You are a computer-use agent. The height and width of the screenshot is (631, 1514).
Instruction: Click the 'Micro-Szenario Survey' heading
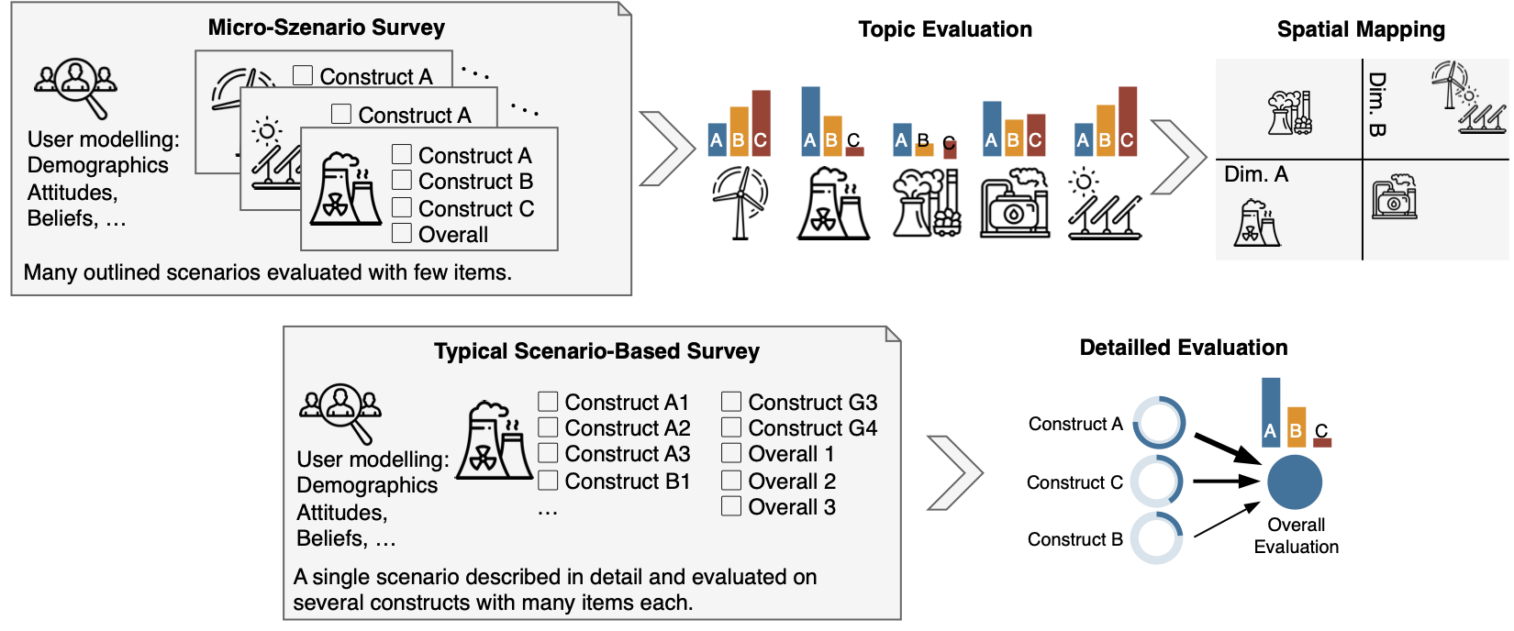(x=326, y=28)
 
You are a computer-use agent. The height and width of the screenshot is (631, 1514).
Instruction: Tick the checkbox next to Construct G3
(x=731, y=402)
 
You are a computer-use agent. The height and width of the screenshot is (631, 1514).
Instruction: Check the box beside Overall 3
(x=731, y=506)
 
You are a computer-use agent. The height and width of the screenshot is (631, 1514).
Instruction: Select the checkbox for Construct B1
(x=548, y=481)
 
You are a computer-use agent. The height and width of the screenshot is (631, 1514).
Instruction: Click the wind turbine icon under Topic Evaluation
(x=740, y=203)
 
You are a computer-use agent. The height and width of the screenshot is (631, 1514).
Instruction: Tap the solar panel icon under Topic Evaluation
(x=1104, y=205)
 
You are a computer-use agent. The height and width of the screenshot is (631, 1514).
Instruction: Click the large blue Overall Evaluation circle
(x=1294, y=482)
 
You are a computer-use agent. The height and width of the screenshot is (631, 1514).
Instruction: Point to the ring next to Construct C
(x=1156, y=482)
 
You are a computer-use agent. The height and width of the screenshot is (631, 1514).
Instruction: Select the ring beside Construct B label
(x=1156, y=538)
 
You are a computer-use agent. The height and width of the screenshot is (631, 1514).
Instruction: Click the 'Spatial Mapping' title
(x=1360, y=29)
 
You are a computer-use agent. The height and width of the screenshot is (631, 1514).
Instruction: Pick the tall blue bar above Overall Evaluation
(x=1270, y=412)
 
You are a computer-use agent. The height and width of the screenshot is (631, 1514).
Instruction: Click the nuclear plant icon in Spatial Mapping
(x=1258, y=224)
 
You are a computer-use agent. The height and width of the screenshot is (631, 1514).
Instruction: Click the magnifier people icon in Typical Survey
(x=341, y=410)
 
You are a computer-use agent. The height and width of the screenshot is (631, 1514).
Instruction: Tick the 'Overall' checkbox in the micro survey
(x=402, y=234)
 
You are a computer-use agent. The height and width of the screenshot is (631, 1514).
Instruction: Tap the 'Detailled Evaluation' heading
(x=1183, y=348)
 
